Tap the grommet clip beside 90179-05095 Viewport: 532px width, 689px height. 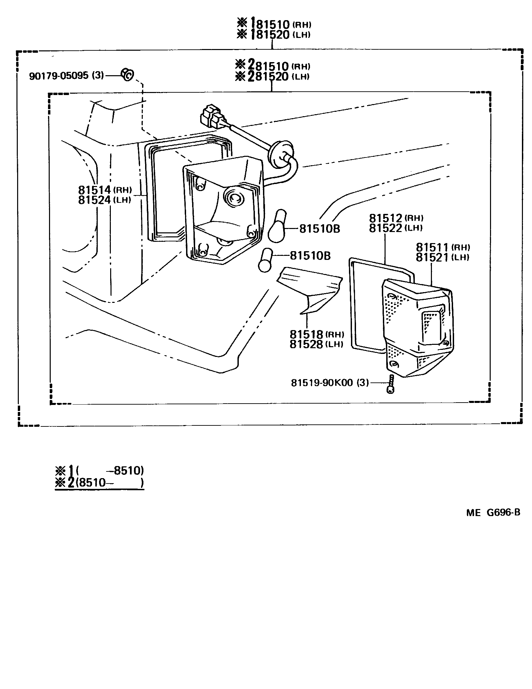(127, 75)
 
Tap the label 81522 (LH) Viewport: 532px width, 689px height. (395, 228)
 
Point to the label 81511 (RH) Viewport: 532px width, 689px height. (442, 247)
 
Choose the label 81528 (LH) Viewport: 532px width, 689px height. (316, 344)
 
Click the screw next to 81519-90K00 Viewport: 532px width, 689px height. (390, 384)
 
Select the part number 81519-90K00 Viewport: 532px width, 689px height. (330, 382)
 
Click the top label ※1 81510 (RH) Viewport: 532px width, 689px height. (274, 24)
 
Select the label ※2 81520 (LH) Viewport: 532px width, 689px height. (273, 77)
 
